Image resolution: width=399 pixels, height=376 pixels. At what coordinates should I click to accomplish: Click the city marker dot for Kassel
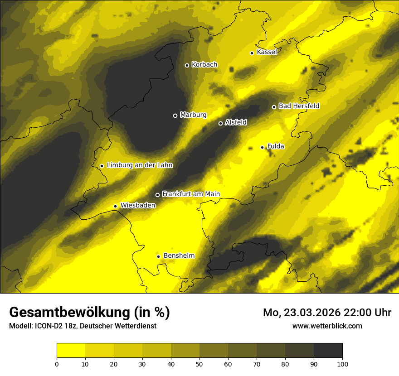(252, 53)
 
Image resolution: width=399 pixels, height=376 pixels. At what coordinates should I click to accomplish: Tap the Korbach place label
(204, 65)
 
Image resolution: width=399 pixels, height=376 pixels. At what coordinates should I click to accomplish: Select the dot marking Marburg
(175, 116)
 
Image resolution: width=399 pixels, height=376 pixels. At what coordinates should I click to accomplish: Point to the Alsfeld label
(236, 122)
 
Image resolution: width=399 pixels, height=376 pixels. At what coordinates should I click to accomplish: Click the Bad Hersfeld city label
(299, 106)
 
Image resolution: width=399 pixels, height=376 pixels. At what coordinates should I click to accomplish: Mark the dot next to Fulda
(262, 147)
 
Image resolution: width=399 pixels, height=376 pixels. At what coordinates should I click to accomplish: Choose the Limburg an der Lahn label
(140, 165)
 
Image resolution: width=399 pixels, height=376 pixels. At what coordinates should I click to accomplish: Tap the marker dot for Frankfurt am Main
(157, 195)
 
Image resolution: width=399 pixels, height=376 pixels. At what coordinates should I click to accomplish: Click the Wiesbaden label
(138, 205)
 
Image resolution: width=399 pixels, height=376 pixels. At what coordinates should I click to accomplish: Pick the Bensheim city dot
(158, 256)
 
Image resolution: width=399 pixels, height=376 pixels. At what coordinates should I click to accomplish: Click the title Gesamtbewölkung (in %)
(89, 312)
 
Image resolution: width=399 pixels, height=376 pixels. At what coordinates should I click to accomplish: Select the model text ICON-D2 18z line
(83, 326)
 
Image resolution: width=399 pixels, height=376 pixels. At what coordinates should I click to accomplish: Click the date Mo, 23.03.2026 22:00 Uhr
(327, 313)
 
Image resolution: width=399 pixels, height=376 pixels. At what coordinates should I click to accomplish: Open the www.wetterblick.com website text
(327, 326)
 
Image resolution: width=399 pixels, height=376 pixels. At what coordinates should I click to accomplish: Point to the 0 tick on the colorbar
(57, 363)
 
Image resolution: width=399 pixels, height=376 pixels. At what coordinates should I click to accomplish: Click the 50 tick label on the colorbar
(199, 363)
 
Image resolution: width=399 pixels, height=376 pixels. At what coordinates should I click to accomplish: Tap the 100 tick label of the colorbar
(342, 363)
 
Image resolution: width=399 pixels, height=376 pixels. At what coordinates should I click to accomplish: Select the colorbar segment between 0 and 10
(71, 351)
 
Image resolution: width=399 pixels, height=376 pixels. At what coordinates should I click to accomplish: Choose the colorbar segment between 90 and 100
(328, 351)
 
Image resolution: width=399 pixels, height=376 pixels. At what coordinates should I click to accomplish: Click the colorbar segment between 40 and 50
(185, 351)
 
